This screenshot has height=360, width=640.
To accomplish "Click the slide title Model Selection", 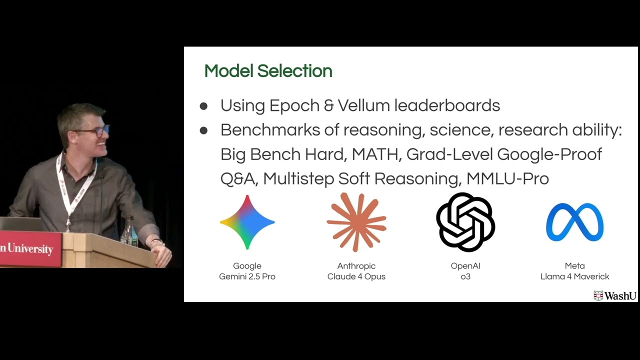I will pos(268,71).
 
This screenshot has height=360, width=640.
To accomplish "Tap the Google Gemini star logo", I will pos(247,222).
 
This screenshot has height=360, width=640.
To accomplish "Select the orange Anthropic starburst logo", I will pos(356,222).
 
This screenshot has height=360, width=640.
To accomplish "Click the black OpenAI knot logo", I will pos(465,222).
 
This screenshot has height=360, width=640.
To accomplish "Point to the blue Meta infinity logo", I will pos(574,222).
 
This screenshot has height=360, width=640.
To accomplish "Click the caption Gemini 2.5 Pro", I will pos(247,276).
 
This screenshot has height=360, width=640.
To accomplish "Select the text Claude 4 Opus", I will pos(356,276).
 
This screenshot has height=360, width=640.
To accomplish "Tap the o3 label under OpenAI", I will pos(465,276).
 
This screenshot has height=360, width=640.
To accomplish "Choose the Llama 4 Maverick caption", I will pos(574,276).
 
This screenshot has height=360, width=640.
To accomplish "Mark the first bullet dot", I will pos(203,106).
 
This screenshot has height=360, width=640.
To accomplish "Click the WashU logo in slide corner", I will pos(615,295).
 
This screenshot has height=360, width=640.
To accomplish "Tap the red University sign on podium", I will pos(30,248).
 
